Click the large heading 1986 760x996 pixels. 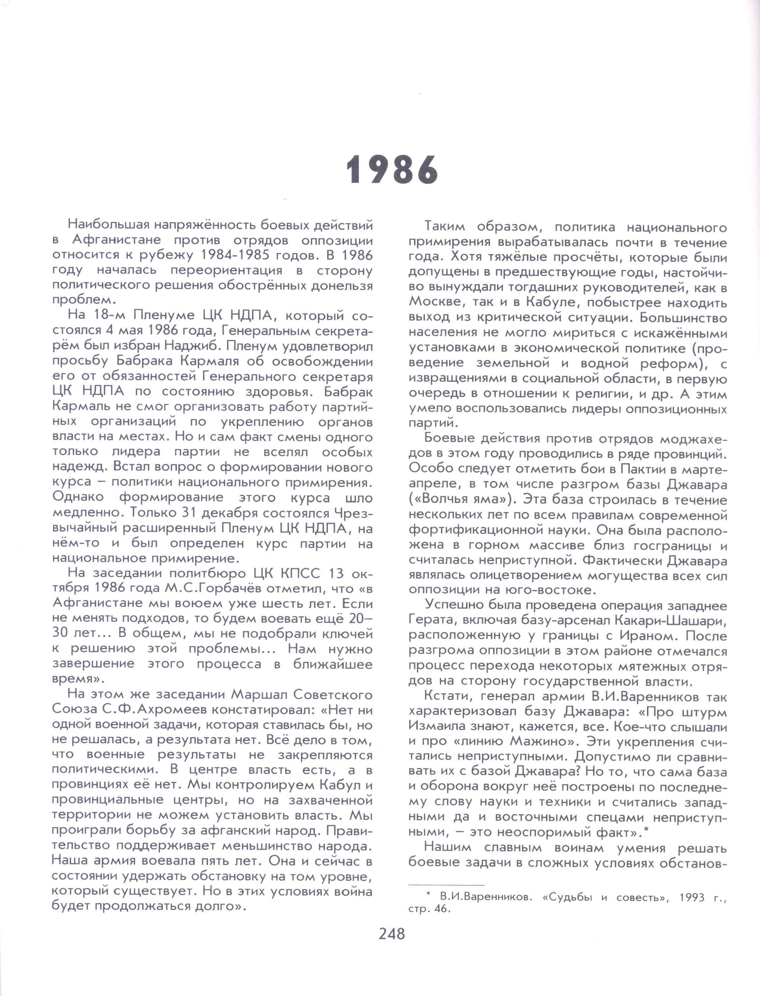(x=392, y=171)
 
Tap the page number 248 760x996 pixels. (x=392, y=933)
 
